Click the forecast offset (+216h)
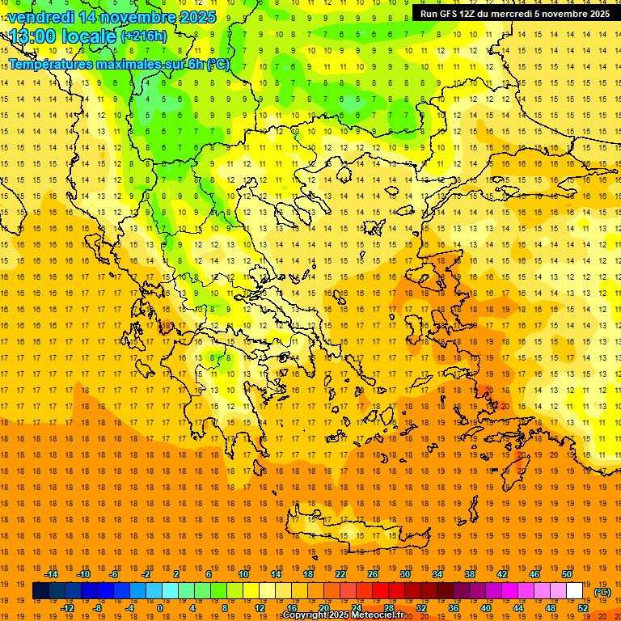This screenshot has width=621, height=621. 144,36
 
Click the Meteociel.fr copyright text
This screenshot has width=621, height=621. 343,615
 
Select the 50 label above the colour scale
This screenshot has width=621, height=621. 567,574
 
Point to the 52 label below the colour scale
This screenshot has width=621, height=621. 583,608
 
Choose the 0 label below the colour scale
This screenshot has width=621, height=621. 159,608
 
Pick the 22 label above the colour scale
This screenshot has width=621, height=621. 340,574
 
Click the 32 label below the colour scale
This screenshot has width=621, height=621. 421,608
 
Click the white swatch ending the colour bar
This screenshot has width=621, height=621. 575,591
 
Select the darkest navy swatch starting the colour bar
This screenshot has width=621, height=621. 40,591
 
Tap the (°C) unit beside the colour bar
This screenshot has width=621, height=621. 602,592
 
